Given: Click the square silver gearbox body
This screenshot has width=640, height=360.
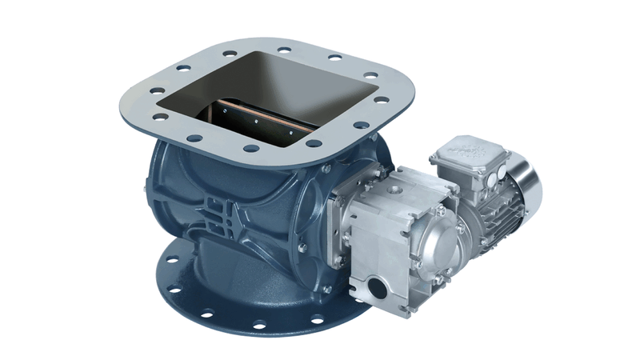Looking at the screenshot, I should click(384, 240).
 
